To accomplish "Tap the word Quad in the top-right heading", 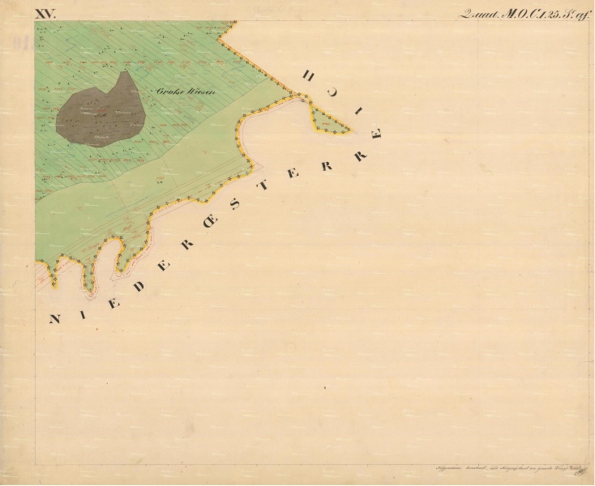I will (x=477, y=13).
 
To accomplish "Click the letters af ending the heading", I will (x=581, y=13).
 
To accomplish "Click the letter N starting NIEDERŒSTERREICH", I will (x=54, y=319).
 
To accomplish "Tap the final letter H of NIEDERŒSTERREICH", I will (x=308, y=75).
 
